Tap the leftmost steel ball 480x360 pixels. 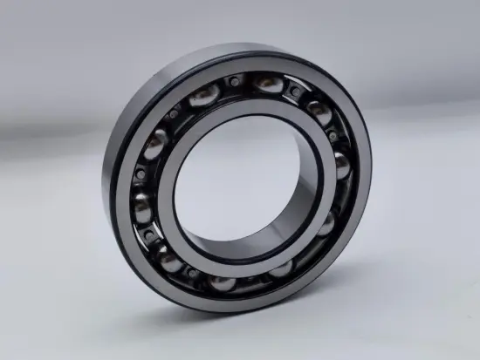pos(141,187)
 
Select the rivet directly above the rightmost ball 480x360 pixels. pos(335,135)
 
